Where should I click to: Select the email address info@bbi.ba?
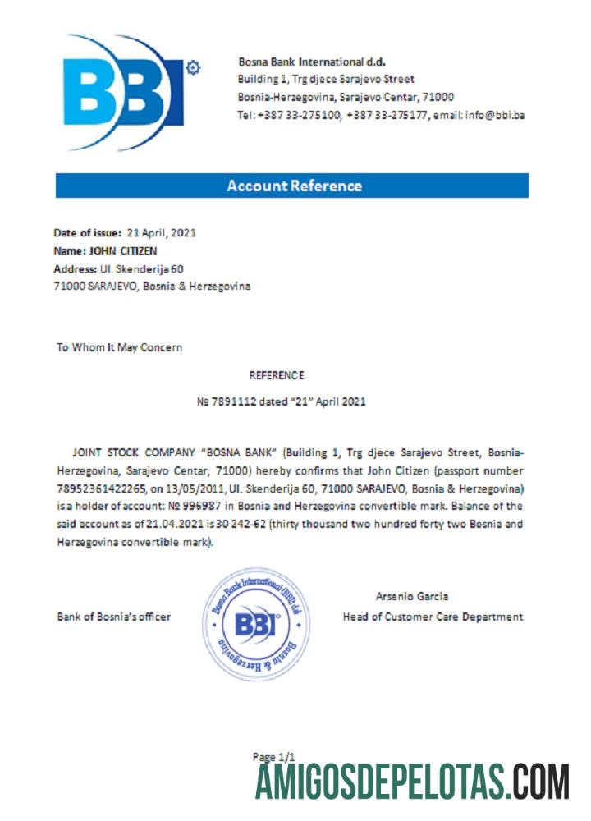tap(495, 115)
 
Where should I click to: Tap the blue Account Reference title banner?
tap(292, 186)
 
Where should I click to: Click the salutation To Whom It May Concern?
tap(119, 347)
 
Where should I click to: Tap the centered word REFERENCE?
tap(277, 375)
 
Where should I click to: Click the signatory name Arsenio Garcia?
tap(411, 596)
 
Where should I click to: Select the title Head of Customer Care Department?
tap(433, 617)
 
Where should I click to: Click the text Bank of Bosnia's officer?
tap(113, 617)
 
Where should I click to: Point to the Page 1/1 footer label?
tap(273, 756)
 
